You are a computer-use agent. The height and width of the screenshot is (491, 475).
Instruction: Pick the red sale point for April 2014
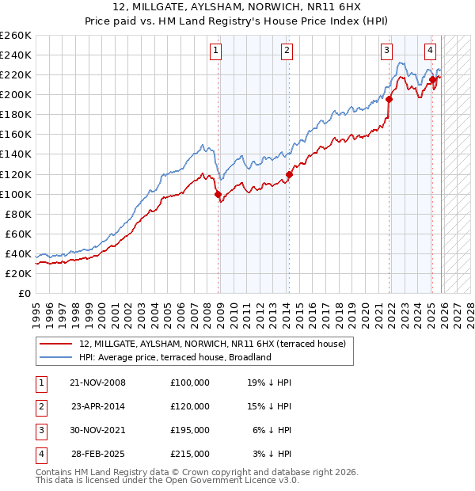pos(290,174)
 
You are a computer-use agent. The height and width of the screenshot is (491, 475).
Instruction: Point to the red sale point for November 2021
pos(389,100)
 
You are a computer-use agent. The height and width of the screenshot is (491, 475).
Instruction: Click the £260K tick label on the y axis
pos(16,36)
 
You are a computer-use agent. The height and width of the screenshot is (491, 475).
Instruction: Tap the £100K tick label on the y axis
pos(16,194)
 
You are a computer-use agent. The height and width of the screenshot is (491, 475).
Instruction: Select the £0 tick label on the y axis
pos(24,293)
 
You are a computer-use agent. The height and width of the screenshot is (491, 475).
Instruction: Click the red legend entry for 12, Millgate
pos(212,344)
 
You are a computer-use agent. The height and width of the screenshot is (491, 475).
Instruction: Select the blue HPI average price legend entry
pos(175,357)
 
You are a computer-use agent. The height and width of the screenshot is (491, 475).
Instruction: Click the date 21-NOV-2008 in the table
pos(97,383)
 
